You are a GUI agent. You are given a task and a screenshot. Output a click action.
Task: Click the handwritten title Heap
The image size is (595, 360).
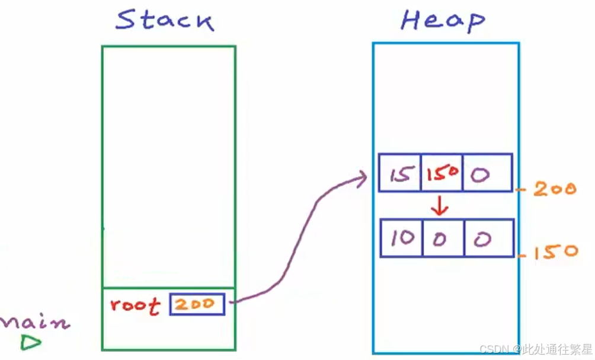click(x=443, y=20)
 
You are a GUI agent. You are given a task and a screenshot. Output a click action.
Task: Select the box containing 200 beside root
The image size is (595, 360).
click(x=197, y=304)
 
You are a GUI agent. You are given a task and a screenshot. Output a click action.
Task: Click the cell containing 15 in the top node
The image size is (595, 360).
click(x=400, y=173)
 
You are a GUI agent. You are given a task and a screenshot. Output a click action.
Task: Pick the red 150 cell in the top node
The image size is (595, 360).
click(x=442, y=173)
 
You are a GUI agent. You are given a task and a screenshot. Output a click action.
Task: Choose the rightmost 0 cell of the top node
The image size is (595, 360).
click(x=488, y=173)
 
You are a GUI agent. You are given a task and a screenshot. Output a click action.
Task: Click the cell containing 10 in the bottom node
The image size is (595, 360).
click(x=401, y=238)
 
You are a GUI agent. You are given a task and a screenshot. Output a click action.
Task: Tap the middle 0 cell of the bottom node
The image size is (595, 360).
click(x=443, y=238)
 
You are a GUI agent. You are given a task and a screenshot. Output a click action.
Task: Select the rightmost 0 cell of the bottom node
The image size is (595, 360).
click(x=489, y=238)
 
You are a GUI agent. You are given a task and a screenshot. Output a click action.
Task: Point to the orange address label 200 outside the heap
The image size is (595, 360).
click(x=555, y=189)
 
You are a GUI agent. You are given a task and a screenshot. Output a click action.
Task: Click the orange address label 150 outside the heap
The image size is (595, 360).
click(x=556, y=252)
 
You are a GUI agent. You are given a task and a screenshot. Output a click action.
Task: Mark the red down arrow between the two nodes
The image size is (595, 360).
click(x=440, y=206)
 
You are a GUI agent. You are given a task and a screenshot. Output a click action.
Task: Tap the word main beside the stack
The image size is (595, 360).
click(x=35, y=323)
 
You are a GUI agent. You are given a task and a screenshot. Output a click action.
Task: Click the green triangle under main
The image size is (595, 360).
click(x=30, y=342)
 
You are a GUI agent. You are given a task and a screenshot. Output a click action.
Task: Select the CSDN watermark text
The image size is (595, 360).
click(x=535, y=349)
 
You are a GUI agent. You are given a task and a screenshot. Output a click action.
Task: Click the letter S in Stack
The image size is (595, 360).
click(x=126, y=20)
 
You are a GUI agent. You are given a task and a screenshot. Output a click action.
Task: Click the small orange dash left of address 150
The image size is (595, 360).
click(x=523, y=256)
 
